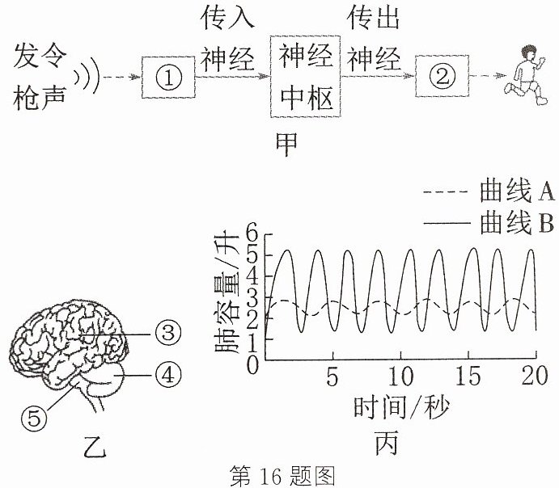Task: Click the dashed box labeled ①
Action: pyautogui.click(x=142, y=77)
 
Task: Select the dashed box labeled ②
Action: pyautogui.click(x=416, y=76)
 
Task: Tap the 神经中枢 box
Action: pyautogui.click(x=271, y=76)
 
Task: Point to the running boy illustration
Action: pyautogui.click(x=526, y=75)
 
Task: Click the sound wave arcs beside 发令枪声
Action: pyautogui.click(x=87, y=75)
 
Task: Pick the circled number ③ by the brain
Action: pyautogui.click(x=168, y=333)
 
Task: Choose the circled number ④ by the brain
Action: pyautogui.click(x=168, y=375)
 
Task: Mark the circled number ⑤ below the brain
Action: pyautogui.click(x=34, y=418)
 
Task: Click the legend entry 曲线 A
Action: pyautogui.click(x=489, y=191)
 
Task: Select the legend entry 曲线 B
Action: pyautogui.click(x=489, y=223)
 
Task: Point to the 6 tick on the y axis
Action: pyautogui.click(x=252, y=233)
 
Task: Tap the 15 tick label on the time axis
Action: pyautogui.click(x=468, y=376)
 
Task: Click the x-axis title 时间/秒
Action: pyautogui.click(x=402, y=408)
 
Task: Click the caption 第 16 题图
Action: pyautogui.click(x=282, y=476)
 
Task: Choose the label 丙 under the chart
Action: pyautogui.click(x=387, y=443)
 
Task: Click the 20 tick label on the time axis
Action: pyautogui.click(x=534, y=376)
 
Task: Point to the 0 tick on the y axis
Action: pyautogui.click(x=252, y=365)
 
